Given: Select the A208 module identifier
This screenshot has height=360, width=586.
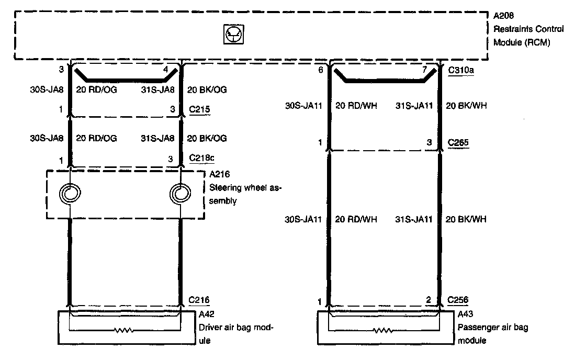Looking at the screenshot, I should tap(503, 16).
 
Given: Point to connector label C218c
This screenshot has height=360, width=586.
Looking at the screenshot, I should tap(200, 159).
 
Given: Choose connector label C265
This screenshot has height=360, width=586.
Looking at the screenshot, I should tap(458, 142).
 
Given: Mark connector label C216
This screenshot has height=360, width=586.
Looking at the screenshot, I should tap(198, 300).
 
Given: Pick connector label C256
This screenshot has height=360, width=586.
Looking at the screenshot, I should tap(458, 300).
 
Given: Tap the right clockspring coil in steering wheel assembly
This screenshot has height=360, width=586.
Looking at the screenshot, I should tap(180, 194).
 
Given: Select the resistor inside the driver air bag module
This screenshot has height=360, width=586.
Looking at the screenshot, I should tap(124, 331).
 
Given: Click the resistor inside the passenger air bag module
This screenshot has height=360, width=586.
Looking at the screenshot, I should tap(384, 331).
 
